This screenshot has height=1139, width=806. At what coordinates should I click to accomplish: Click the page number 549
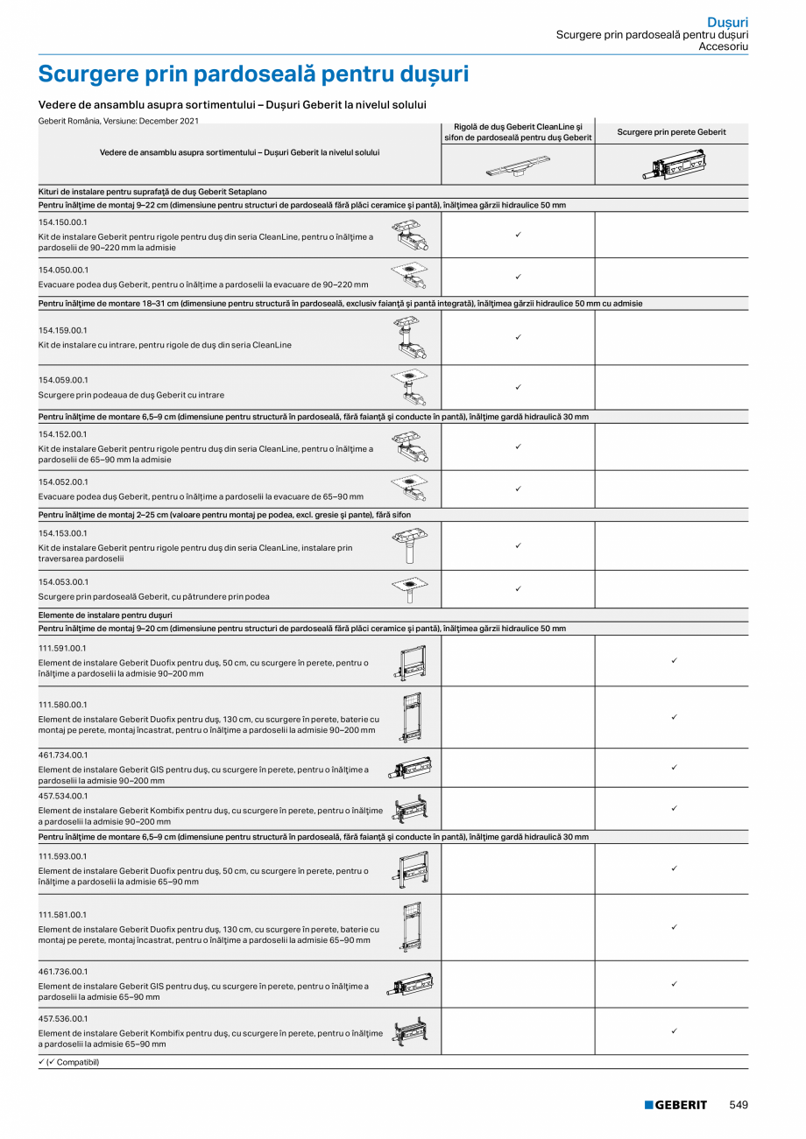(x=739, y=1105)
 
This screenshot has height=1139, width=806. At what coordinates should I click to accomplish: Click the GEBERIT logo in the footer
(x=675, y=1105)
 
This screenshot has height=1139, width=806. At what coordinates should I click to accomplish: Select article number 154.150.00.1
(x=63, y=222)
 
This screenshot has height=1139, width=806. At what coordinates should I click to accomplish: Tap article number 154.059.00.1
(x=63, y=380)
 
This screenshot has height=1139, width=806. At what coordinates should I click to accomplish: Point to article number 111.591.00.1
(x=62, y=648)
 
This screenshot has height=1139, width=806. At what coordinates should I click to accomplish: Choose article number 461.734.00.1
(x=63, y=755)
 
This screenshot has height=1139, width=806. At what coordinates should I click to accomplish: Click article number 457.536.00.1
(x=63, y=1019)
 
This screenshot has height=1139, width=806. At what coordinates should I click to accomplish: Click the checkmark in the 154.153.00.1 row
(x=518, y=545)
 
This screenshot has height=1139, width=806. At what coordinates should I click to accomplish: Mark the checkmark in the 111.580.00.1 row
(x=673, y=717)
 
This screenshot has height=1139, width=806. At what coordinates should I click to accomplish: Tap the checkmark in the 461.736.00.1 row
(x=673, y=984)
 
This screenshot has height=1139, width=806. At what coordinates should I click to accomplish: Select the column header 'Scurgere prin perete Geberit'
(x=671, y=132)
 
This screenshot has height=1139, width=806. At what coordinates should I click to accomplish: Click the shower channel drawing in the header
(x=518, y=165)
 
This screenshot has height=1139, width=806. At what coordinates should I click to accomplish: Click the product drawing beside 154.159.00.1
(x=408, y=338)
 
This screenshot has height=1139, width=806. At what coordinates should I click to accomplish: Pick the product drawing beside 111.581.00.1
(x=409, y=927)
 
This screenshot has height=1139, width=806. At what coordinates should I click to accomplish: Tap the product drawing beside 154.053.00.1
(x=409, y=589)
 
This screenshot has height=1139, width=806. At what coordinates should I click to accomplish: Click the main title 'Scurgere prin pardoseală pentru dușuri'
(x=253, y=74)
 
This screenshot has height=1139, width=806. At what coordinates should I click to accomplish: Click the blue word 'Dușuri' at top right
(x=727, y=21)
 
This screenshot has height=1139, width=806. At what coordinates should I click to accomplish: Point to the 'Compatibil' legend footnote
(x=69, y=1062)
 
